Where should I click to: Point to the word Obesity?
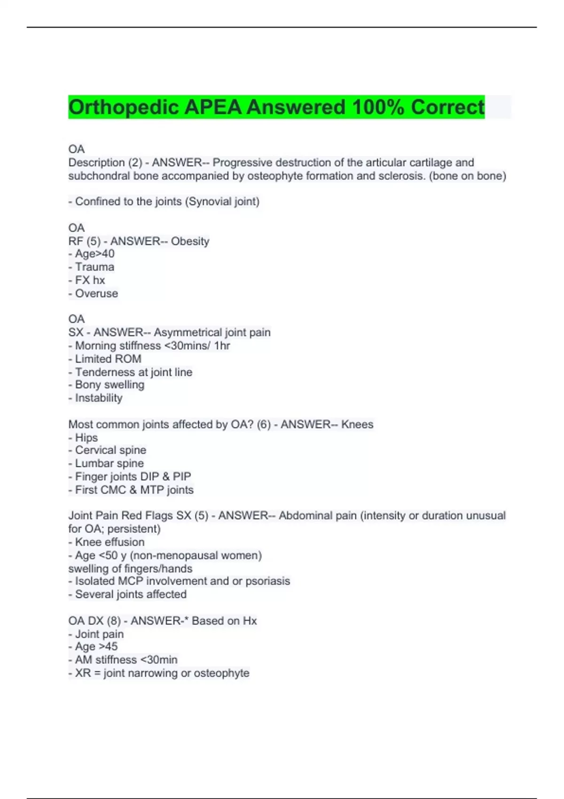click(x=190, y=241)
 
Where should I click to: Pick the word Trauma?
click(x=94, y=267)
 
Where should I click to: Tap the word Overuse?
click(x=96, y=293)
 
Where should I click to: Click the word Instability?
click(x=99, y=398)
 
